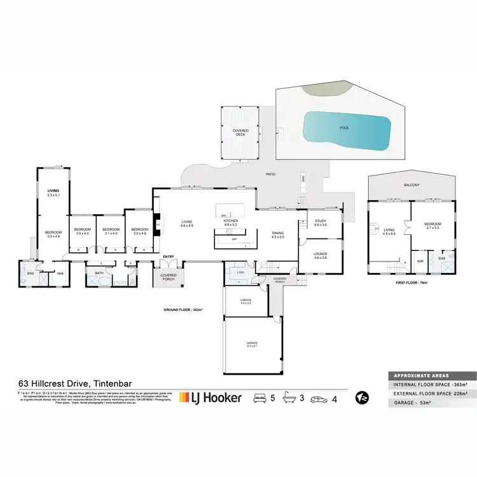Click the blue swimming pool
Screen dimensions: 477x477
(x=346, y=130)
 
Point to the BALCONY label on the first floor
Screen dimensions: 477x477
(x=412, y=185)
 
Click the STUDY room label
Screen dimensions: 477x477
(x=320, y=222)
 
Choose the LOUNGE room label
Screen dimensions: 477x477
(x=320, y=254)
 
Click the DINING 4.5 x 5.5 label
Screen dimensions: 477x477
(x=278, y=235)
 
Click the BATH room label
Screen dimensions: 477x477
(x=99, y=273)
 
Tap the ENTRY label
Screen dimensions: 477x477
(x=169, y=257)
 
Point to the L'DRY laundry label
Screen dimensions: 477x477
(x=240, y=272)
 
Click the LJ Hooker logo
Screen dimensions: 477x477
(x=211, y=397)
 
